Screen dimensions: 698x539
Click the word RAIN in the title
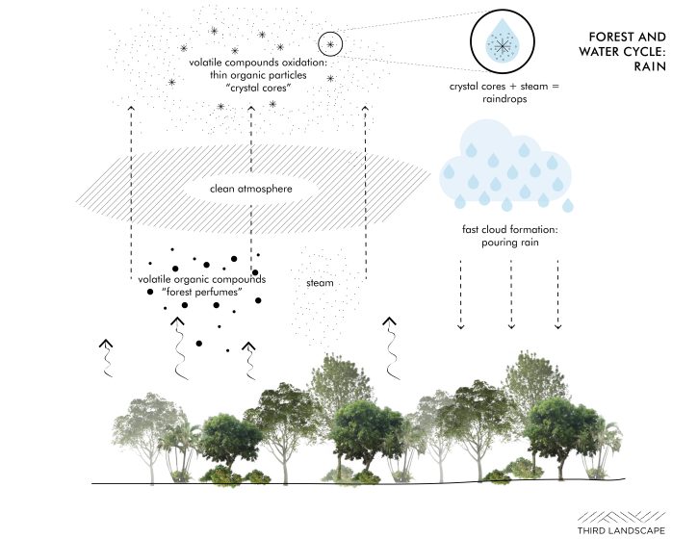tap(650, 66)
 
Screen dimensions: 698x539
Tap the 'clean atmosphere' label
tap(251, 189)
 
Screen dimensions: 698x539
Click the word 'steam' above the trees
tap(320, 283)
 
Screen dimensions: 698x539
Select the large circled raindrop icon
tap(503, 41)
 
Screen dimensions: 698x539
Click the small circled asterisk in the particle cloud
tap(330, 44)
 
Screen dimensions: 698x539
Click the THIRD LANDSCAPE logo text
tap(621, 530)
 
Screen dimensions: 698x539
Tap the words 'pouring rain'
tap(510, 243)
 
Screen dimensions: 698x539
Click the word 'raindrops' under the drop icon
tap(504, 99)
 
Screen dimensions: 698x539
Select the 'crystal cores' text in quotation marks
tap(259, 88)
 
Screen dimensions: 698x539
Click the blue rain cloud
tap(506, 166)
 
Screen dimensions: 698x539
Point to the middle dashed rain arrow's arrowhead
tap(511, 326)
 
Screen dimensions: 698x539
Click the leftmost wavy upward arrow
tap(107, 357)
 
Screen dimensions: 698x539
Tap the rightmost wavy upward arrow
tap(391, 348)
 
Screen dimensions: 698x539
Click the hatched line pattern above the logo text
tap(621, 517)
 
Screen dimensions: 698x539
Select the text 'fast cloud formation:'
tap(509, 230)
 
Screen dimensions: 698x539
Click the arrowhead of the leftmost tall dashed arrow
tap(131, 108)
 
